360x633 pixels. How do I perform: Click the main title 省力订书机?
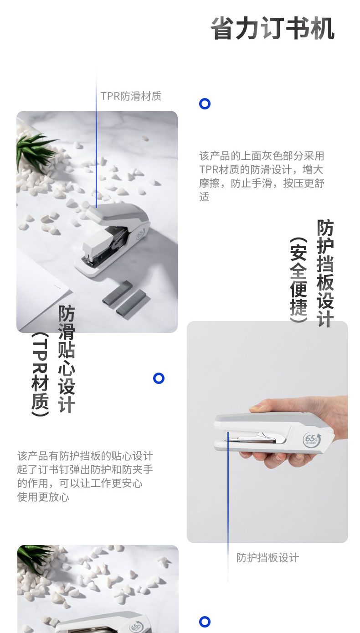point(273,28)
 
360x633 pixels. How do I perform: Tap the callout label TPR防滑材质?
point(131,96)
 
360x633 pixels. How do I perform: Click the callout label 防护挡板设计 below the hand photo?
point(267,558)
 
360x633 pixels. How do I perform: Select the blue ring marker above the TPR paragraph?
point(205,104)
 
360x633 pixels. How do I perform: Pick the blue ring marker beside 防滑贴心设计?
point(159,378)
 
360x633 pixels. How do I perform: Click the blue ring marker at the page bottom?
point(205,622)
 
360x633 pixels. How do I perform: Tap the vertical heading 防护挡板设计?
point(325,273)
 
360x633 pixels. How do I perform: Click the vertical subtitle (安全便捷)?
point(298,280)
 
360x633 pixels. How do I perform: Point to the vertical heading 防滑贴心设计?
point(67,359)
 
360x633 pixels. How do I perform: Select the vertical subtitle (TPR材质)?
point(40,374)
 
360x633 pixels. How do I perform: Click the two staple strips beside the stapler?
point(125,297)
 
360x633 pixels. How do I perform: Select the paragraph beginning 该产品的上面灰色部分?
point(262,176)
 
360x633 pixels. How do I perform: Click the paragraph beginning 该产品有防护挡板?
point(85,476)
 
